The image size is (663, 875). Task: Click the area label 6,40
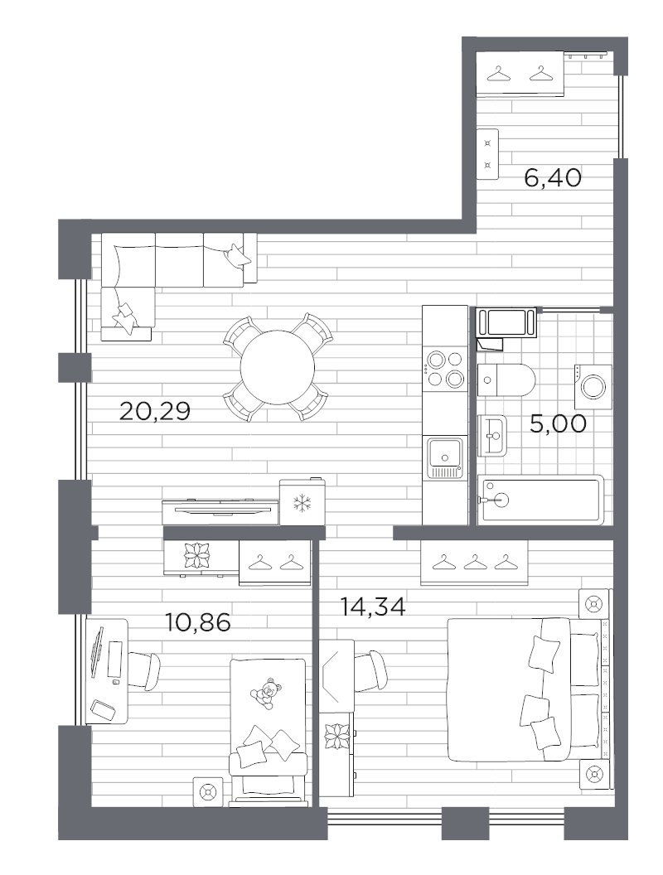tap(553, 177)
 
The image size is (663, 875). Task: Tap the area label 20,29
tap(155, 409)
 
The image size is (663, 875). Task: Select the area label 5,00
tap(558, 423)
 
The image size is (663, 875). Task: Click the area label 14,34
tap(373, 607)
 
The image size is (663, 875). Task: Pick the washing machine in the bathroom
tap(592, 385)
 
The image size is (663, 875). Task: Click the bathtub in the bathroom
tap(539, 499)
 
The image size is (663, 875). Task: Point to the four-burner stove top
tap(444, 370)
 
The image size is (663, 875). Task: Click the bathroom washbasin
tap(493, 435)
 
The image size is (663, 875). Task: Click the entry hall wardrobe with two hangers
tap(520, 75)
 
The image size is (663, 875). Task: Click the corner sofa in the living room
tap(166, 265)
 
